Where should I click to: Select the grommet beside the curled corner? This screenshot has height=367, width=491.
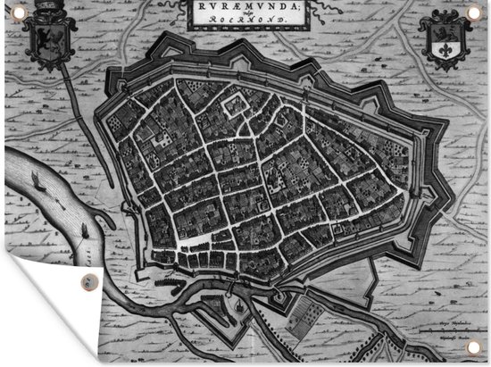(86, 283)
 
